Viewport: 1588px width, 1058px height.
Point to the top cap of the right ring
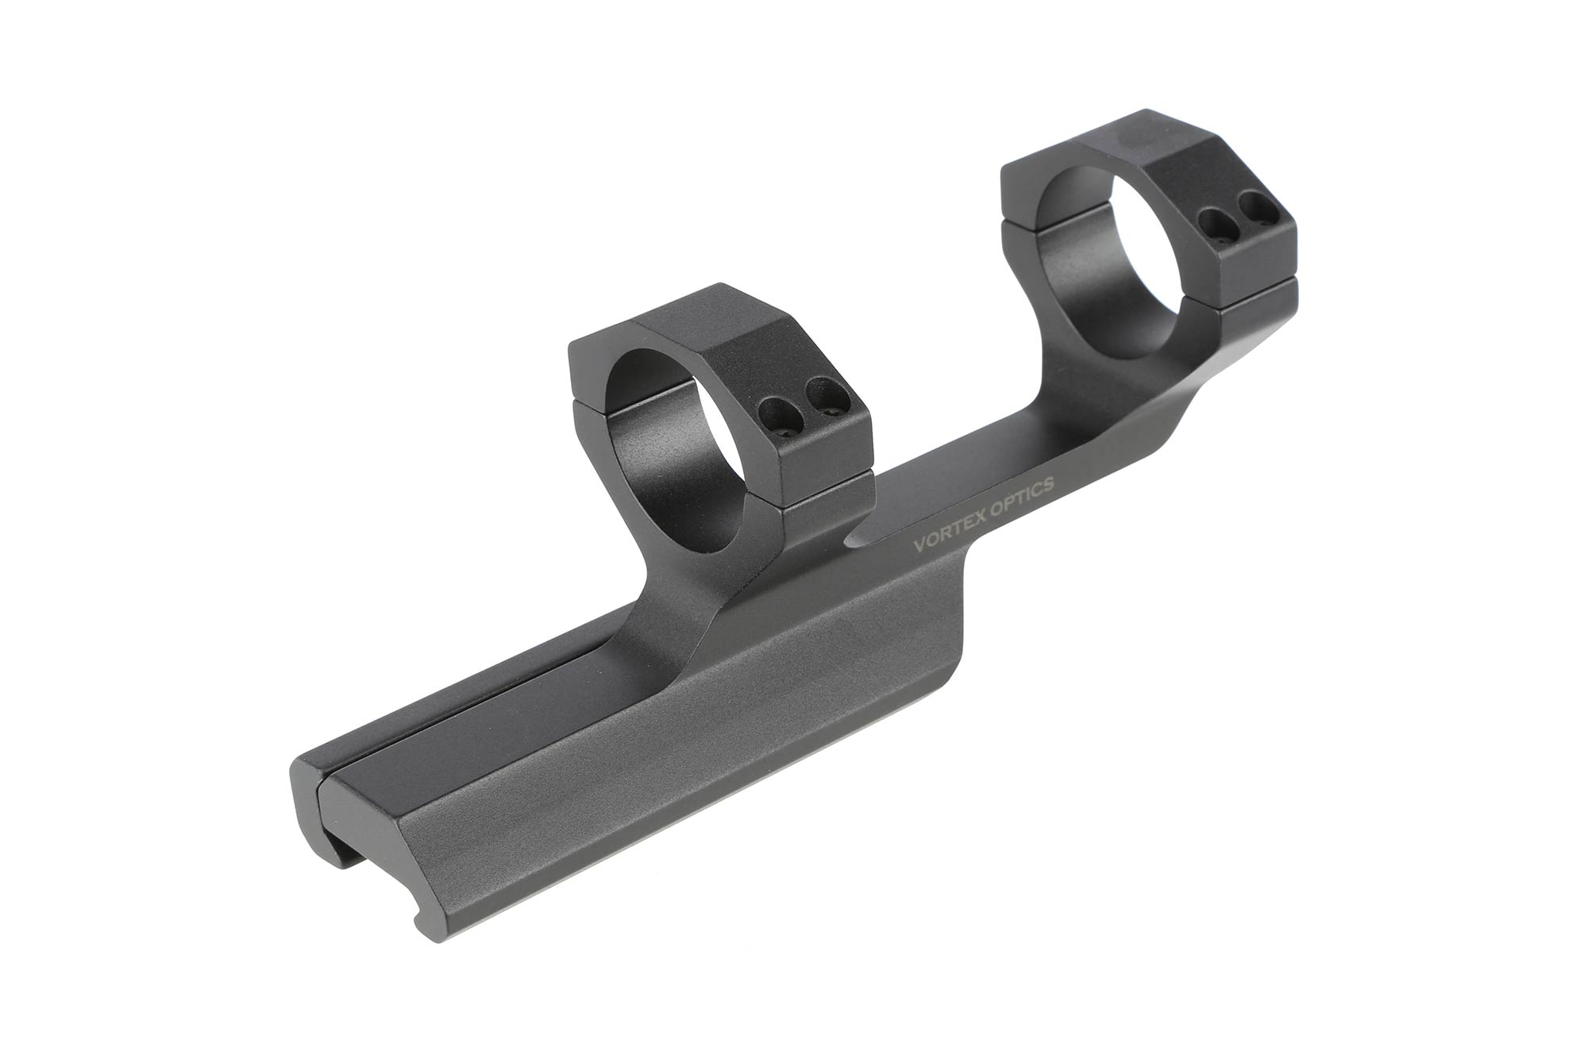tap(1151, 151)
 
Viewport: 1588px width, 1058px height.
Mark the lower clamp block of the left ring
tap(826, 476)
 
